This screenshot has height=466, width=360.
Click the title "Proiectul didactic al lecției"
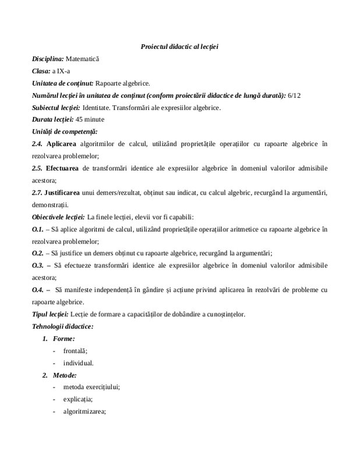click(x=179, y=46)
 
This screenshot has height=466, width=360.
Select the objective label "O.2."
click(x=38, y=253)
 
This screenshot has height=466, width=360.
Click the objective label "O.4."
click(x=38, y=290)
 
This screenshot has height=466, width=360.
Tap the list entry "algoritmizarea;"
click(x=84, y=411)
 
